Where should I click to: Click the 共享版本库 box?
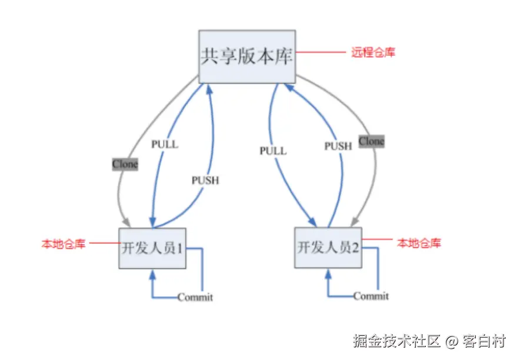coord(247,57)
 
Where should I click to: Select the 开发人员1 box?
coord(153,248)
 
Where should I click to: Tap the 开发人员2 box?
coord(328,248)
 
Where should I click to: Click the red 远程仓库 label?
coord(373,52)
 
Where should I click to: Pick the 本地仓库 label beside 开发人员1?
coord(63,244)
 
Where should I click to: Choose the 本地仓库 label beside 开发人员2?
coord(419,242)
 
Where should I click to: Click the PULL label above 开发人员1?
coord(165,144)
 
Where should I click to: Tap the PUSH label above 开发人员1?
coord(205,181)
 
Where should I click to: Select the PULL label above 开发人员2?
coord(273,151)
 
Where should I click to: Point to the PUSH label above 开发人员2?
coord(338,146)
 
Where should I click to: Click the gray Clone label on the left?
coord(125,164)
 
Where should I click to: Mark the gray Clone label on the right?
coord(371,141)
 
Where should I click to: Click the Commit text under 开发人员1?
coord(195,298)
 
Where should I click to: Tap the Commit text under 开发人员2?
coord(371,296)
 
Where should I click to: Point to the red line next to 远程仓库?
coord(321,52)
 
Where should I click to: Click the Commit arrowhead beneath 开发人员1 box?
coord(153,274)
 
